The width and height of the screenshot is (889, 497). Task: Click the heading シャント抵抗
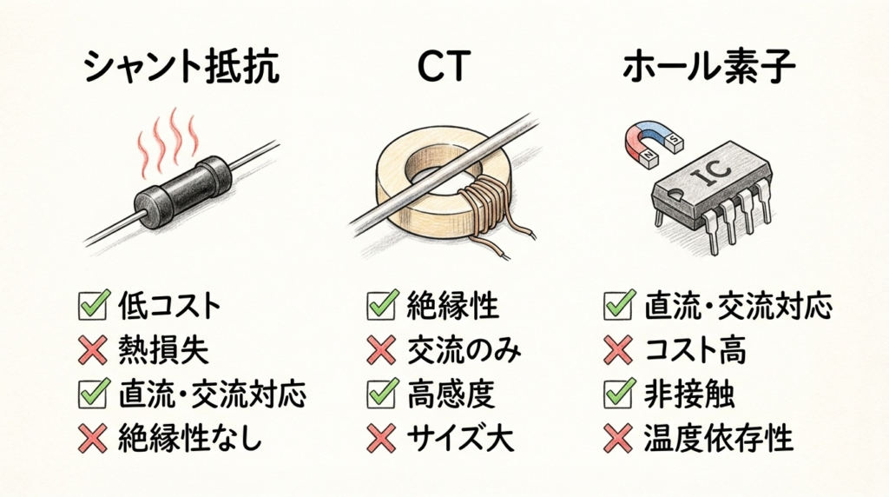coord(181,67)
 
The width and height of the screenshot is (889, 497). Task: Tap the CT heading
coord(444,67)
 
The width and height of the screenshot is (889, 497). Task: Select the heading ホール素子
coord(708,67)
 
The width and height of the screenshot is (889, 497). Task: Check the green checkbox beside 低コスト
coord(94,305)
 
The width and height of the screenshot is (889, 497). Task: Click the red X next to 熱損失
coord(93,349)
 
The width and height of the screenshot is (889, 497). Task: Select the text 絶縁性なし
coord(191,438)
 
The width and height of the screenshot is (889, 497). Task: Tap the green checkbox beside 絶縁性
coord(383,305)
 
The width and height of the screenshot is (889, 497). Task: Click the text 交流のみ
coord(464,350)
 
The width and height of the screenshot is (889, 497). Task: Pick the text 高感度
coord(451,394)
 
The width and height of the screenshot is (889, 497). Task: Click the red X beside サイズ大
coord(382,439)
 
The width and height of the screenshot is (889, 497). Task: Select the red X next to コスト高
coord(618,349)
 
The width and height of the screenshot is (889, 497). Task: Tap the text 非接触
coord(688,394)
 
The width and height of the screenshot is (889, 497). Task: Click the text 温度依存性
coord(718,438)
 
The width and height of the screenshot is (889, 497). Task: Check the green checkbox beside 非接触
coord(620,393)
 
